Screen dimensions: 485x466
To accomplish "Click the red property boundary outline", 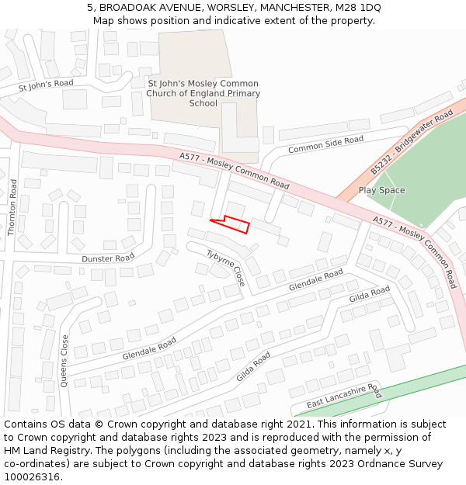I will coord(231,223).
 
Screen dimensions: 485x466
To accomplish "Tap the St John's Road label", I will coord(46,85).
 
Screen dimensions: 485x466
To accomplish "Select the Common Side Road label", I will coord(325,144).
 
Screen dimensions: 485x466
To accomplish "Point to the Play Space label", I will coord(381,190).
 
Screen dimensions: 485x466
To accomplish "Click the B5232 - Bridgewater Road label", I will coord(411,142).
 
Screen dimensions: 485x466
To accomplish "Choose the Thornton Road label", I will coord(12,207).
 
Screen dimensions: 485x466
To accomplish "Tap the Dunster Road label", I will coord(108,258).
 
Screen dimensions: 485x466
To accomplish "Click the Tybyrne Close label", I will coord(226,268).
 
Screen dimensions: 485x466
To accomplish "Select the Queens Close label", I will coord(64,360).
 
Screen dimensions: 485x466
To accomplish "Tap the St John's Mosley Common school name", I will coord(203,93).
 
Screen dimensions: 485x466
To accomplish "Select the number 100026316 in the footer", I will coord(33,477).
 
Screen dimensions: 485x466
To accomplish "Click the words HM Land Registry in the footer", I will coord(42,451).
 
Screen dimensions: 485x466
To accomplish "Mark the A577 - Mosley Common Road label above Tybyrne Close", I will coord(234,170).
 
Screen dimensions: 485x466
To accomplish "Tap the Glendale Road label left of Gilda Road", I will coord(149,348).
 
